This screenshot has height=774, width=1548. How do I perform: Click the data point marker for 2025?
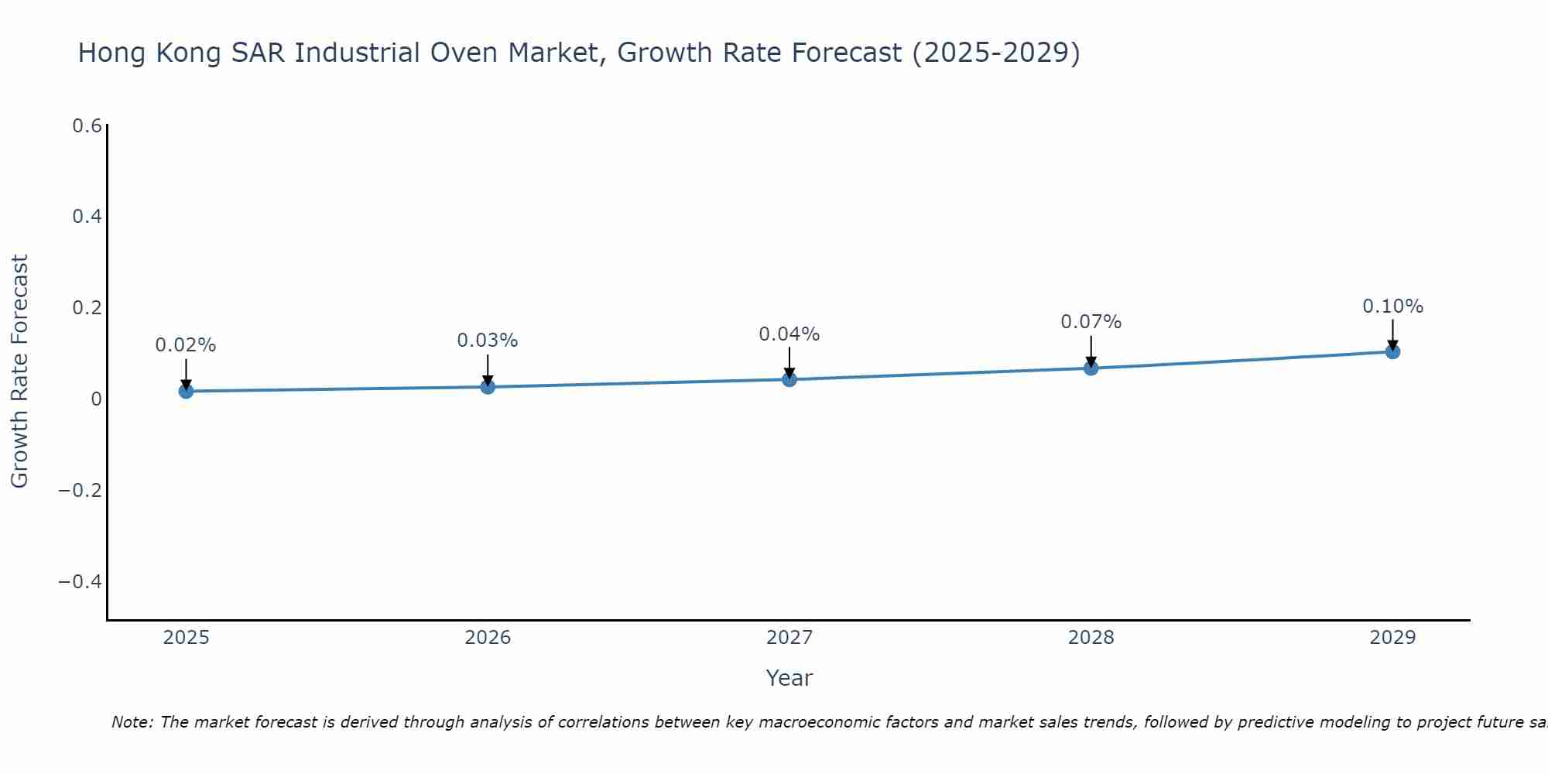click(186, 391)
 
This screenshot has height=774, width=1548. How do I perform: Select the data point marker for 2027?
click(789, 379)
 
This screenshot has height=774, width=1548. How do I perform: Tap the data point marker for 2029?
click(1392, 351)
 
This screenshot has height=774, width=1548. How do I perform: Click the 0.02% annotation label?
click(186, 345)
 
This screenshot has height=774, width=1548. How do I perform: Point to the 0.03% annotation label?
click(487, 341)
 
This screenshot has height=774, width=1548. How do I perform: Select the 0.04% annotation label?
click(789, 334)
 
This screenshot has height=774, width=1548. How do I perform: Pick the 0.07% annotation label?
click(1091, 322)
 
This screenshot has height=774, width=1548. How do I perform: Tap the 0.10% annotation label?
click(1392, 307)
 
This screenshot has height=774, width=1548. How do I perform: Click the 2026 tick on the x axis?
click(488, 638)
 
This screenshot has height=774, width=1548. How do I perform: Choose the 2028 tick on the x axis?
click(1091, 638)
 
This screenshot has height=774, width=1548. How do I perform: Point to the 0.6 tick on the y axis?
click(87, 125)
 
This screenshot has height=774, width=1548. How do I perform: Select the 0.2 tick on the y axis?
click(87, 308)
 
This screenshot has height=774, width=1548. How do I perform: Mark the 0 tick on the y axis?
click(96, 399)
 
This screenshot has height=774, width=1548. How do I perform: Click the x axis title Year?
click(789, 678)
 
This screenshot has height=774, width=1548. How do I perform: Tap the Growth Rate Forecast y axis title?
click(19, 372)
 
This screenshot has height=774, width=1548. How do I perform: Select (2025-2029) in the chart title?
click(995, 53)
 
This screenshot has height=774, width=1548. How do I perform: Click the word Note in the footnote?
click(132, 722)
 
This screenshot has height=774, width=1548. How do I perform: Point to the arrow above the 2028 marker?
click(1091, 350)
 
